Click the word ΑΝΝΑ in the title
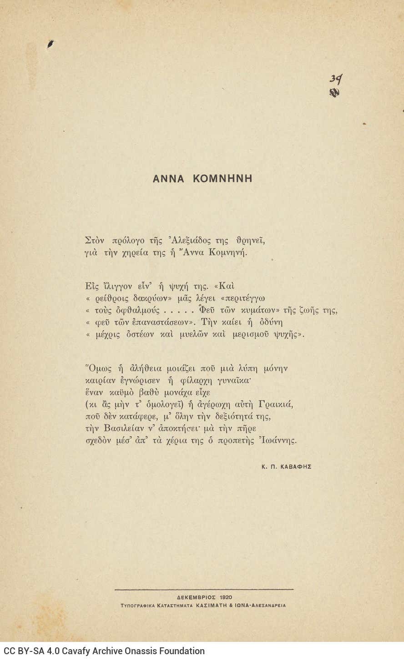168,179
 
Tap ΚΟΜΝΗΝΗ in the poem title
222,179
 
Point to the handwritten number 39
336,80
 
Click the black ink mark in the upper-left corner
50,44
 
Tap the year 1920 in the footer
225,597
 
